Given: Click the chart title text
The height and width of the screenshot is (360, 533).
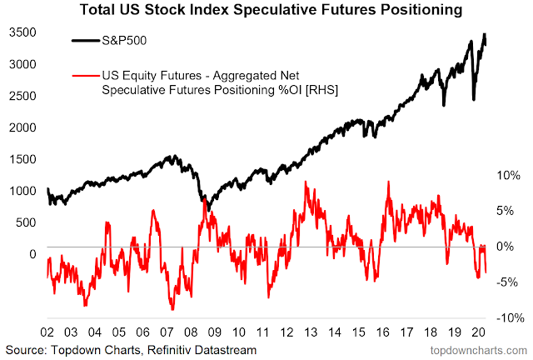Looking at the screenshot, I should pos(266,12).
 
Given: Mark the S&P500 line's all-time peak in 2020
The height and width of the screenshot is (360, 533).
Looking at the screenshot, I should pos(484,34).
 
